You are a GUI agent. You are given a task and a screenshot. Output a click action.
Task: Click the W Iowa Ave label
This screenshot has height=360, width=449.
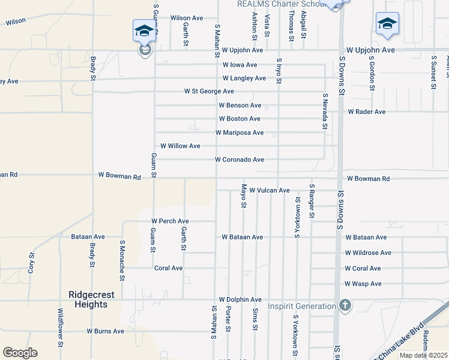click(x=240, y=65)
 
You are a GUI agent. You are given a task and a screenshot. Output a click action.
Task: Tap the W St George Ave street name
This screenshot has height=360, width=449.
click(x=209, y=91)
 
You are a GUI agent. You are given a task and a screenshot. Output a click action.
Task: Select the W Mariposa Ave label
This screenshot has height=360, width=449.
click(x=240, y=133)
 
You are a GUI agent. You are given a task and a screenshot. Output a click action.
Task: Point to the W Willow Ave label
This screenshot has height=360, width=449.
click(x=180, y=146)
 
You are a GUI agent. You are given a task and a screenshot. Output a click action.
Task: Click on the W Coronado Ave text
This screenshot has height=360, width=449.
click(x=240, y=160)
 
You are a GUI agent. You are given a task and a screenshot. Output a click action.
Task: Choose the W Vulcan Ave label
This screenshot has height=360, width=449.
click(x=270, y=190)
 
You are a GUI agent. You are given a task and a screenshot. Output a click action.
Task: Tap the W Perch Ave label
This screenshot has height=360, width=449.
click(x=170, y=221)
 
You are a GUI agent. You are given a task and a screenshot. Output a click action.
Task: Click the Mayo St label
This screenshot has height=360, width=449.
click(x=244, y=196)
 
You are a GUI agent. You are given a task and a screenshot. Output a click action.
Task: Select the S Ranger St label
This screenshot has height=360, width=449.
click(x=312, y=201)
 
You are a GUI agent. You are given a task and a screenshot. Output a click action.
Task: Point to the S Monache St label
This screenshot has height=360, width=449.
click(x=122, y=260)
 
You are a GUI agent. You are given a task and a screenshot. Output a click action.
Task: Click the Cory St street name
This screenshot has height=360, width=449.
click(x=31, y=263)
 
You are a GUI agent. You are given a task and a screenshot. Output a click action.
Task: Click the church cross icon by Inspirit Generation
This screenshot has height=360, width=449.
click(x=345, y=305)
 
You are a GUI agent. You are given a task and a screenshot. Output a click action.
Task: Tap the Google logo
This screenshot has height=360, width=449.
click(x=20, y=353)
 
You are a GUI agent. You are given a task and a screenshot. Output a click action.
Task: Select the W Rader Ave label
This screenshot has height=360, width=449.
click(x=367, y=112)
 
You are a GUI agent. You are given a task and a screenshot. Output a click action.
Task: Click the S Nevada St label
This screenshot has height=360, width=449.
click(x=325, y=111)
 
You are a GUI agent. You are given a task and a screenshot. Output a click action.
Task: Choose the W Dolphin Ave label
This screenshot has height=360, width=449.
click(x=240, y=299)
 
